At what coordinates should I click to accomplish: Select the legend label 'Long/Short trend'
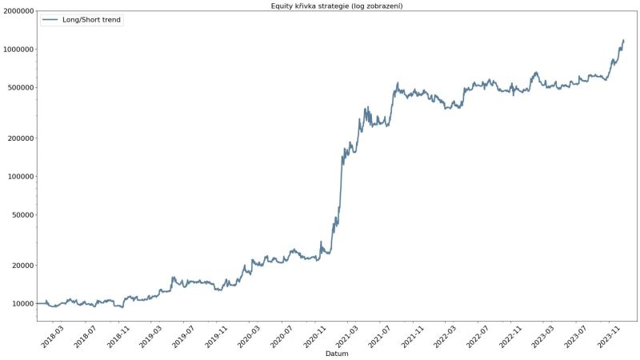click(92, 19)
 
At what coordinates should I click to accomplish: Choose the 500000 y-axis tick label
click(20, 87)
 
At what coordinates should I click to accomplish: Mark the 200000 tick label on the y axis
click(20, 138)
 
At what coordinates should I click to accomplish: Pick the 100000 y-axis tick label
click(20, 176)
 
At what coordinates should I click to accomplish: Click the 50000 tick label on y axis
click(22, 214)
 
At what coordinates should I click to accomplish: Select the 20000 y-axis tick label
click(22, 265)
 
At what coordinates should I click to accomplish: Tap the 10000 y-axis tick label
click(22, 303)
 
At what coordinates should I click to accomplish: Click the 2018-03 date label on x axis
click(52, 334)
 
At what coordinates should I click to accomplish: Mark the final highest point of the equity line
click(623, 40)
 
